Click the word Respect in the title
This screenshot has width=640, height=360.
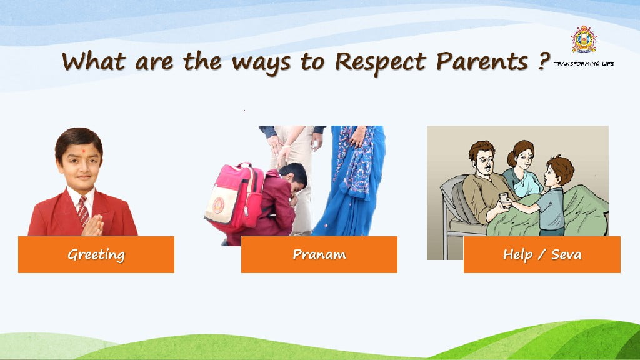click(381, 62)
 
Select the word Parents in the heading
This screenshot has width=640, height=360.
click(482, 61)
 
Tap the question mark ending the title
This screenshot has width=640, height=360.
click(543, 61)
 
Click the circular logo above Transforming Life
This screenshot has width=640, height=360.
click(584, 39)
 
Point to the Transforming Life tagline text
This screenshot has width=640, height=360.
click(584, 64)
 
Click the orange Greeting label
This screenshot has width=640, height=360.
click(96, 254)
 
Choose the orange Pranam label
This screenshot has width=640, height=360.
click(319, 254)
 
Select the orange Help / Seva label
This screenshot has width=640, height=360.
click(542, 254)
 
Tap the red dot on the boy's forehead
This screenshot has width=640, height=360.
click(84, 151)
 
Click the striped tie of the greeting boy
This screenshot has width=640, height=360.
click(83, 210)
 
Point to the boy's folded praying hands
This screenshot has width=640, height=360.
click(94, 226)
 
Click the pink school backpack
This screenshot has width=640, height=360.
click(234, 197)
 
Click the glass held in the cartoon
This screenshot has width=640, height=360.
click(504, 200)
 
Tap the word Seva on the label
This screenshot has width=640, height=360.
click(566, 255)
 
